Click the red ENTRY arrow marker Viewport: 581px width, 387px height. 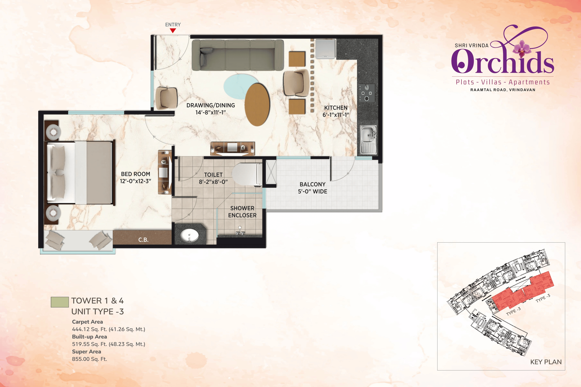pyautogui.click(x=173, y=30)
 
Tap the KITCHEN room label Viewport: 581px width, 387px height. pyautogui.click(x=336, y=108)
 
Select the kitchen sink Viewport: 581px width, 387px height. pyautogui.click(x=368, y=140)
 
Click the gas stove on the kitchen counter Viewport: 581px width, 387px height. pyautogui.click(x=366, y=93)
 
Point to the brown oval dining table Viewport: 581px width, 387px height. pyautogui.click(x=257, y=104)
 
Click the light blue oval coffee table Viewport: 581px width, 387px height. pyautogui.click(x=239, y=85)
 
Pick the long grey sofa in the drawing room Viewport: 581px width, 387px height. pyautogui.click(x=238, y=55)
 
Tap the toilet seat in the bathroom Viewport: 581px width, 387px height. pyautogui.click(x=247, y=174)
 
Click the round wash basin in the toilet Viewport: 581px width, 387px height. pyautogui.click(x=189, y=235)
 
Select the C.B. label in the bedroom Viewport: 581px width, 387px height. pyautogui.click(x=143, y=240)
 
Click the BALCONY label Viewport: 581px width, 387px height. pyautogui.click(x=312, y=184)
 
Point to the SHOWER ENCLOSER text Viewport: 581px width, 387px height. pyautogui.click(x=242, y=212)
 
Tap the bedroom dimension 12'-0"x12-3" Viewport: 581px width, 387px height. pyautogui.click(x=136, y=181)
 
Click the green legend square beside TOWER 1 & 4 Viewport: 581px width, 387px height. pyautogui.click(x=60, y=302)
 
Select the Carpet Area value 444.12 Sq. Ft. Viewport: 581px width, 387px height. pyautogui.click(x=108, y=329)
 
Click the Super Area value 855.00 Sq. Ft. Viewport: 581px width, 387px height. pyautogui.click(x=89, y=359)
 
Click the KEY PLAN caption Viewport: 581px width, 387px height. pyautogui.click(x=546, y=362)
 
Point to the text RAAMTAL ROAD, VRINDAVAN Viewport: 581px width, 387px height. pyautogui.click(x=503, y=90)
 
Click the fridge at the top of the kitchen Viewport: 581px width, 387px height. pyautogui.click(x=325, y=49)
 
